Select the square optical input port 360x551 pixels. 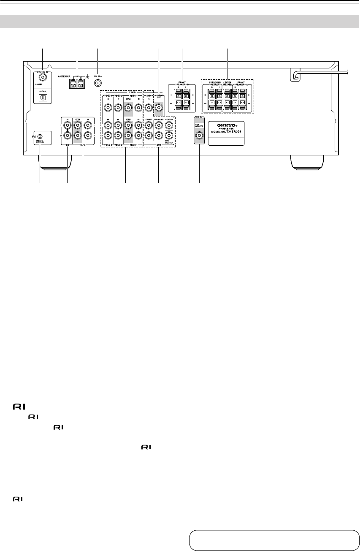click(x=43, y=97)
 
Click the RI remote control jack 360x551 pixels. click(x=40, y=136)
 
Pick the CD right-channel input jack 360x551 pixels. click(x=67, y=136)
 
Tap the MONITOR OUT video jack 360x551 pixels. click(x=158, y=108)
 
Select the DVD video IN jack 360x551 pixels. click(x=148, y=108)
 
